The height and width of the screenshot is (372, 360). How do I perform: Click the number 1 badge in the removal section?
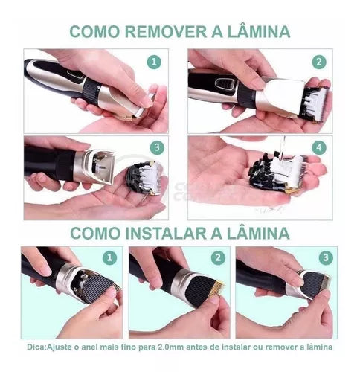coord(154,63)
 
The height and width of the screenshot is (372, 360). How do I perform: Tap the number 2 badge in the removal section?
coord(319,63)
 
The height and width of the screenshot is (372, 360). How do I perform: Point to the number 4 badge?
coord(319,148)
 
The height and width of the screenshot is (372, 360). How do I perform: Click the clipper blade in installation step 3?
coord(315,285)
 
